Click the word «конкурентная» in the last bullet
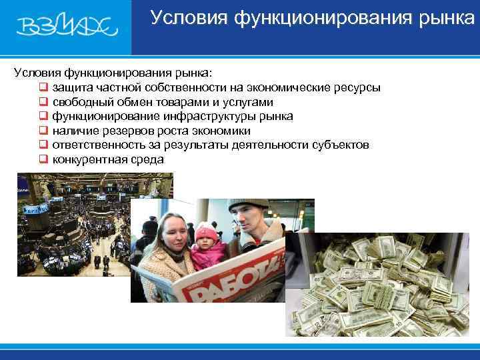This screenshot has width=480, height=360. (x=87, y=160)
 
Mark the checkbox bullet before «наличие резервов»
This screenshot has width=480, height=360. (x=43, y=131)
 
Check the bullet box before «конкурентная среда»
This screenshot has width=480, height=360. (x=43, y=160)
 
